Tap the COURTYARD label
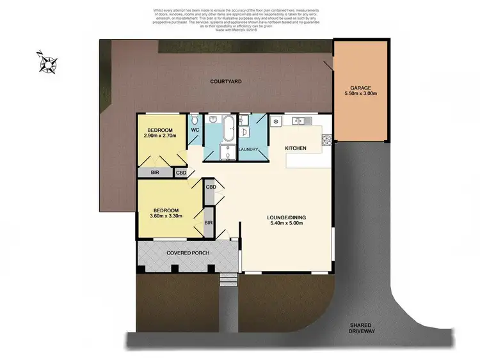[227, 81]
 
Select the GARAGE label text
[360, 88]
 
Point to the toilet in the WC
[195, 120]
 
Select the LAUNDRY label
[248, 150]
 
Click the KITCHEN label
[296, 148]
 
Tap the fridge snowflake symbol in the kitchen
[276, 121]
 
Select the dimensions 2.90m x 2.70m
[160, 134]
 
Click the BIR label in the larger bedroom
[208, 223]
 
